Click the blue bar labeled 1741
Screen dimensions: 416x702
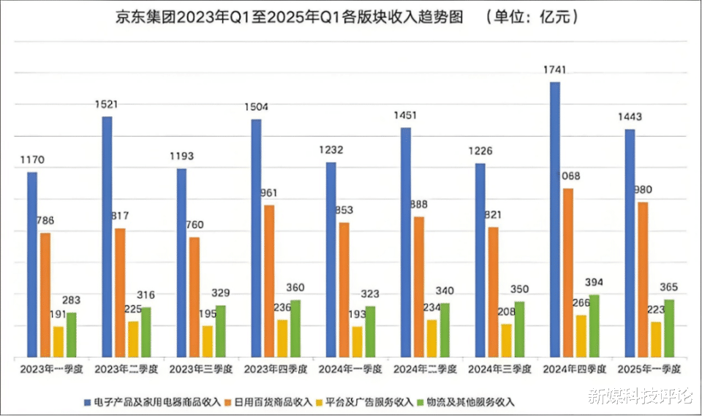tap(555, 219)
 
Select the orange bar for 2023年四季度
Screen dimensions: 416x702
tap(270, 281)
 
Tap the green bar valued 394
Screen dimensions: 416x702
tap(594, 326)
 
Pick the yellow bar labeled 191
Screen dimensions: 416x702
tap(58, 342)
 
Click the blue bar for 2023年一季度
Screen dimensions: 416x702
tap(32, 265)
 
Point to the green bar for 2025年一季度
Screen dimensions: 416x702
tap(668, 328)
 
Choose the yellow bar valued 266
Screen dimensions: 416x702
tap(581, 336)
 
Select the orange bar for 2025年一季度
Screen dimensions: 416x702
tap(643, 280)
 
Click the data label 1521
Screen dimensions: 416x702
tap(106, 105)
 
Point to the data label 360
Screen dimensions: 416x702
tap(295, 287)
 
